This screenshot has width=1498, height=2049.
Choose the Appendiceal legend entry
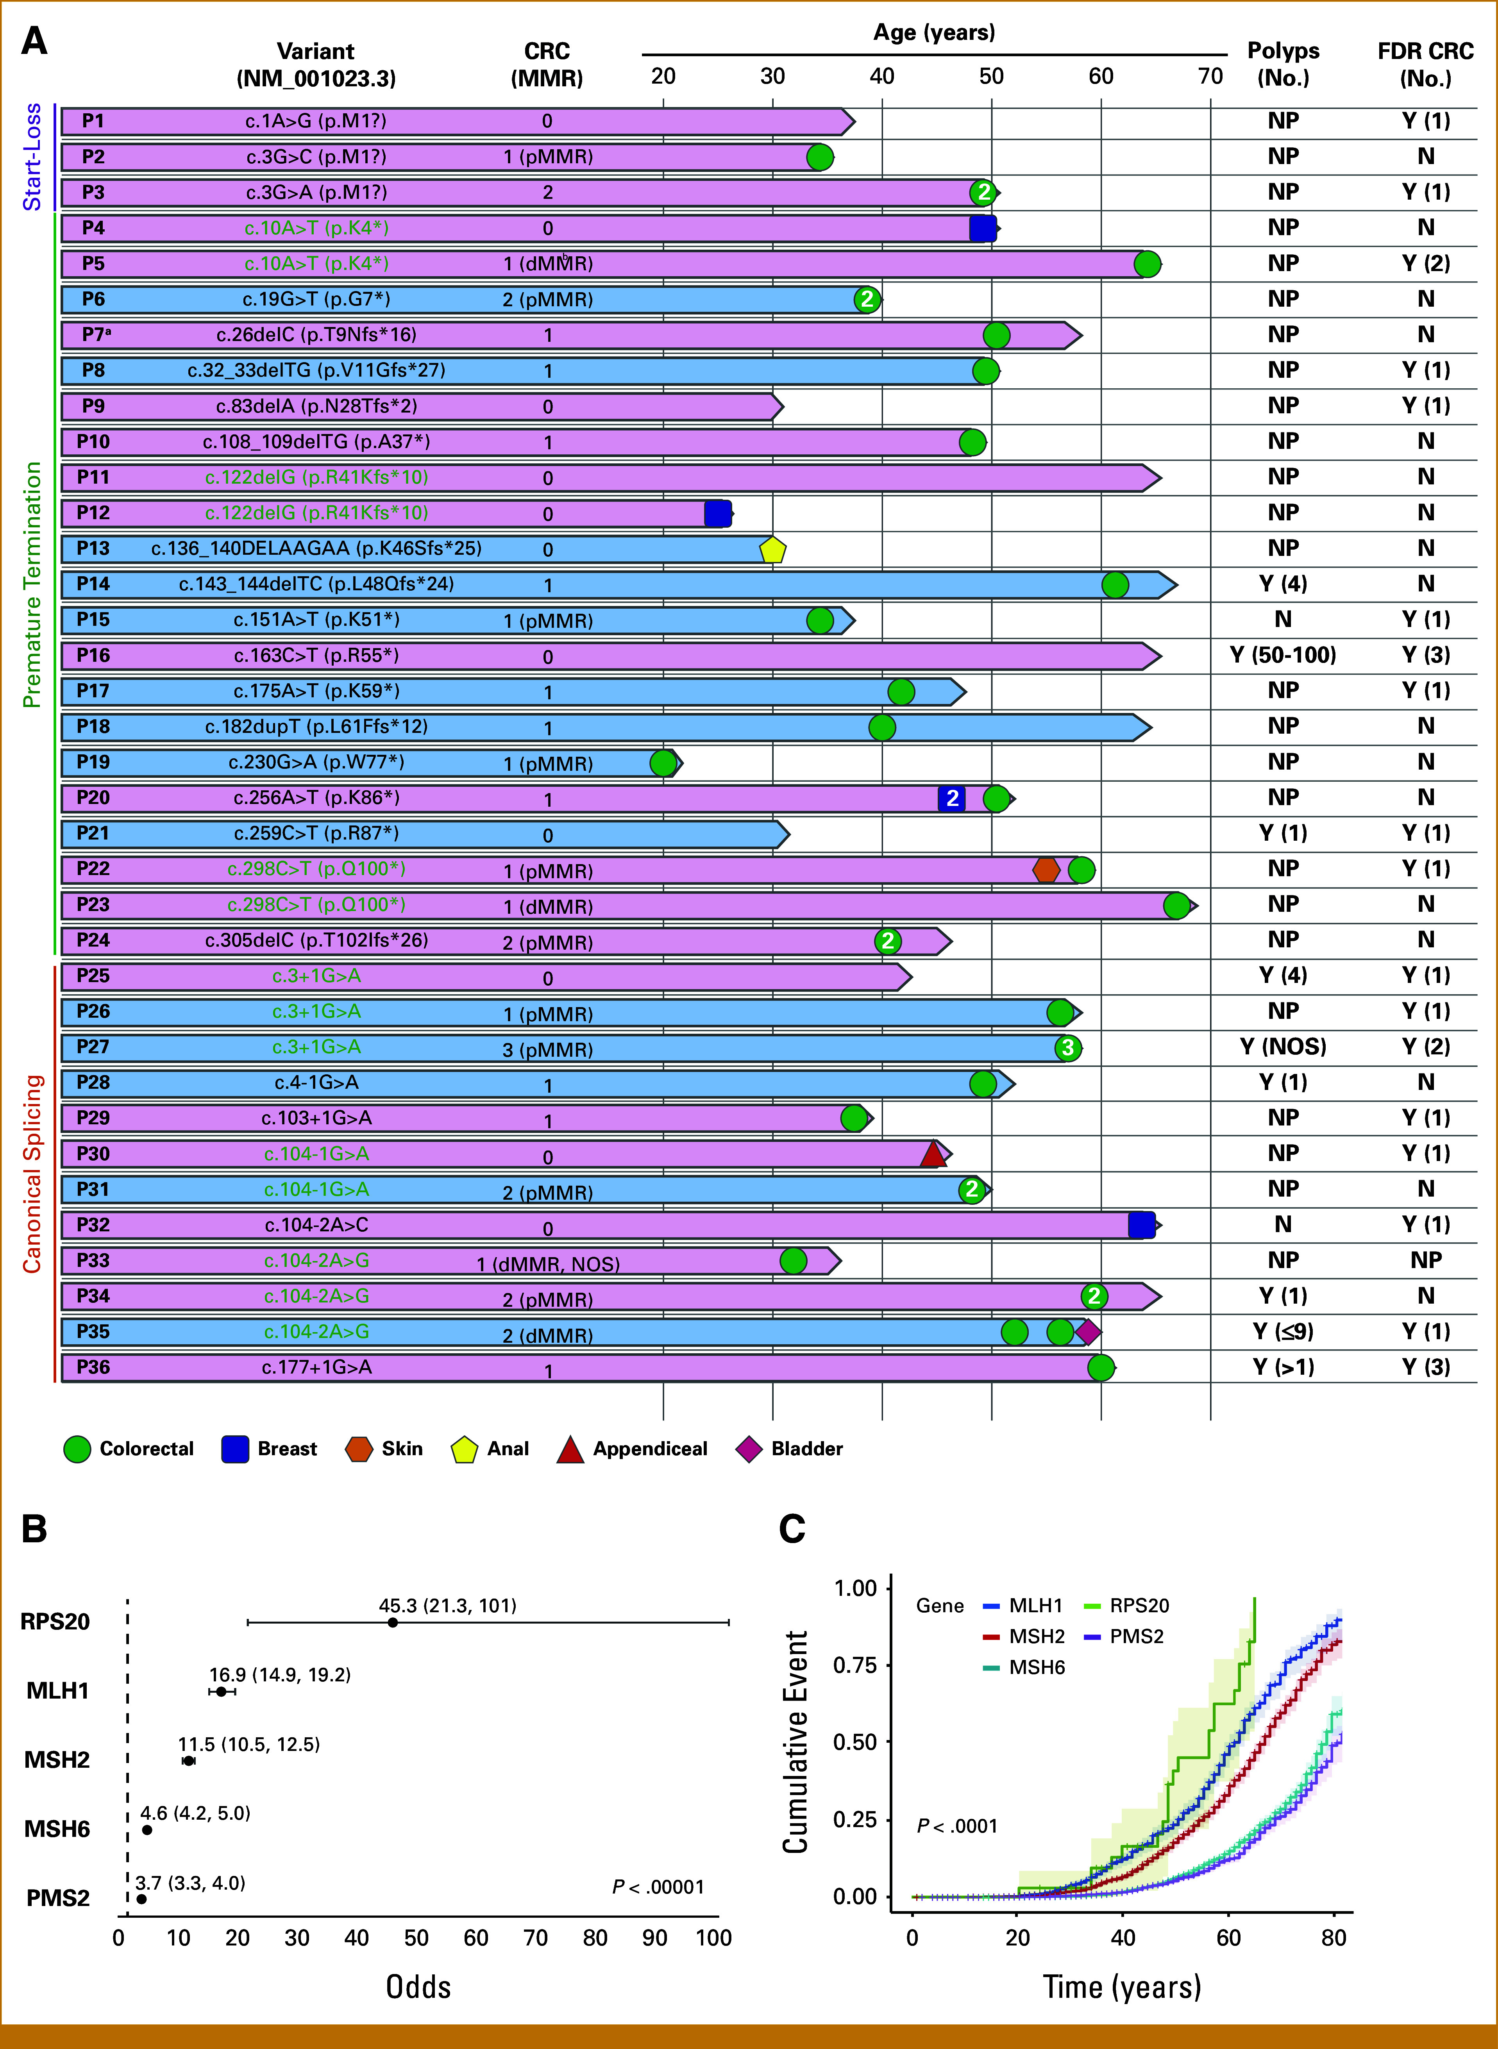(x=649, y=1449)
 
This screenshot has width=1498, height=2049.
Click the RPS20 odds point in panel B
(x=393, y=1623)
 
